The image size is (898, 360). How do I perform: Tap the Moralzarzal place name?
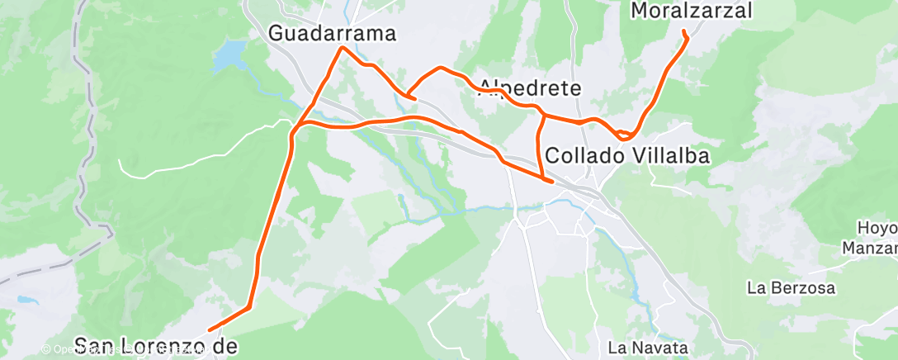[692, 11]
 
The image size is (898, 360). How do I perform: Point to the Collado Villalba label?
[627, 155]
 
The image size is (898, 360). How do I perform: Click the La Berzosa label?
[791, 288]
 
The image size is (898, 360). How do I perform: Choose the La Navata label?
[647, 347]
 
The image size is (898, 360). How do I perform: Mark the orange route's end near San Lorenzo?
[210, 331]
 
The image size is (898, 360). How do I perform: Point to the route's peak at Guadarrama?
[343, 48]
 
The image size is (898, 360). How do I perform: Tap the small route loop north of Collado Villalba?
[625, 134]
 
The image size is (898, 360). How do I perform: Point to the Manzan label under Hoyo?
[871, 248]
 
